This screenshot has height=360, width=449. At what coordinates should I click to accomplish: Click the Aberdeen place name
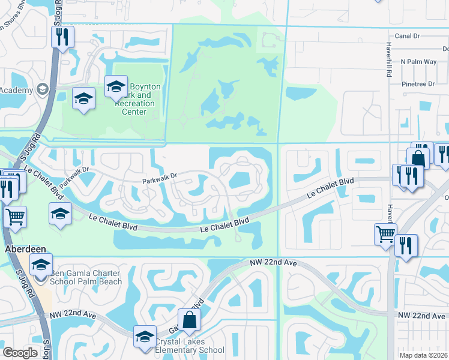point(22,248)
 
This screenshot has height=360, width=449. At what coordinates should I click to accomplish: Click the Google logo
point(20,353)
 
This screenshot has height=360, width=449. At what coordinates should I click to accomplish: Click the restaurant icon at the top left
point(62,37)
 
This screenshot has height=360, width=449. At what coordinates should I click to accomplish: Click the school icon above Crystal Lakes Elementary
point(145,337)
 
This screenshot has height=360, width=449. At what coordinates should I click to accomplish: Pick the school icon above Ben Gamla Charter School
point(41,265)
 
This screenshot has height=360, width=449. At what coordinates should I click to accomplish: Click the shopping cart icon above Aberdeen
point(15,217)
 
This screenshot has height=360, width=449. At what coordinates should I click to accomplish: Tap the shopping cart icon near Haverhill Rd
point(385,234)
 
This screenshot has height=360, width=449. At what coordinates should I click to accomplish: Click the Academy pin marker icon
point(42,90)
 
